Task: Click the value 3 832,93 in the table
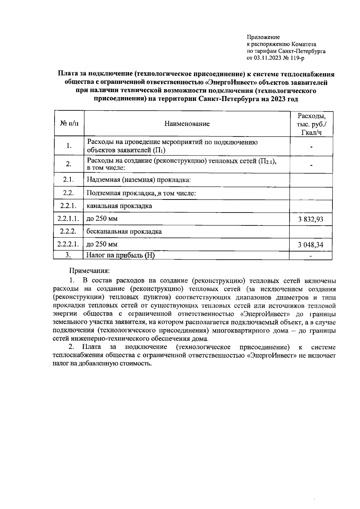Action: pyautogui.click(x=310, y=219)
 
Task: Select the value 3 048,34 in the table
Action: pyautogui.click(x=310, y=245)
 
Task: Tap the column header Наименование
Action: pyautogui.click(x=187, y=124)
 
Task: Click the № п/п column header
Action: pyautogui.click(x=69, y=123)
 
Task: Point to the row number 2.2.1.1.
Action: pyautogui.click(x=68, y=219)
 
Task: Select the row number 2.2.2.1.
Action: pyautogui.click(x=68, y=244)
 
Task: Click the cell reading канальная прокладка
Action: pyautogui.click(x=119, y=206)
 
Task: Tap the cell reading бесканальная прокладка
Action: pyautogui.click(x=124, y=231)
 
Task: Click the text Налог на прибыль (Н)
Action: pyautogui.click(x=121, y=255)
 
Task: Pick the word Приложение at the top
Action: pyautogui.click(x=263, y=37)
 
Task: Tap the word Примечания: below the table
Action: pyautogui.click(x=90, y=271)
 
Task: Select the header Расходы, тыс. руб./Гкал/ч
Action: pyautogui.click(x=311, y=124)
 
